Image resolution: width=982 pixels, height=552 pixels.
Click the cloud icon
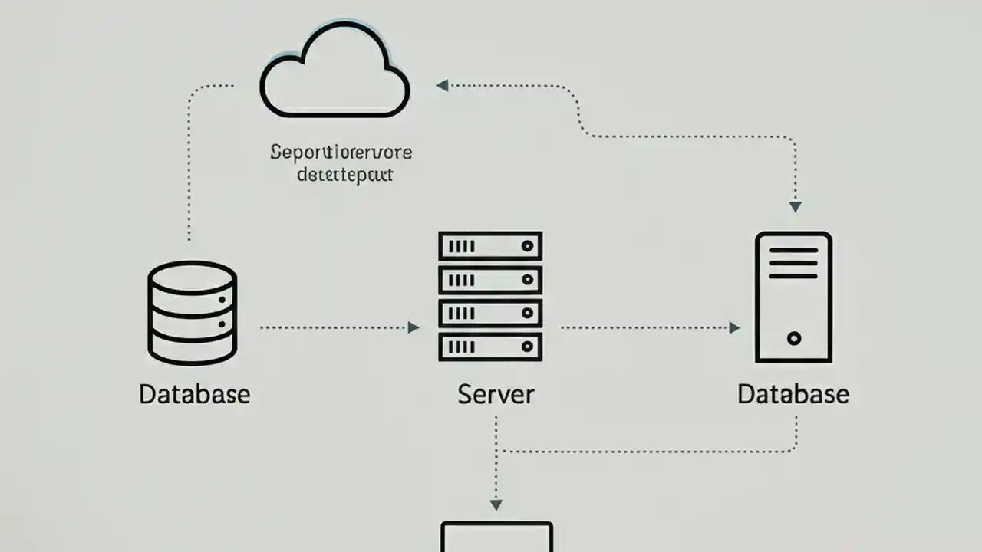[334, 72]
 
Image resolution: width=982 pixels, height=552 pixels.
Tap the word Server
[496, 394]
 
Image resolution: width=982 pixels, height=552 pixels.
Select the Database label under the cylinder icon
[194, 394]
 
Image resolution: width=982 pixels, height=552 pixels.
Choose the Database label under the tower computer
[793, 394]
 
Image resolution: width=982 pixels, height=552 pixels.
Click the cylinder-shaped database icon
[192, 313]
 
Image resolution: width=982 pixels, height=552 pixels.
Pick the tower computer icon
[793, 297]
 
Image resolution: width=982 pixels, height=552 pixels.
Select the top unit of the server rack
[490, 246]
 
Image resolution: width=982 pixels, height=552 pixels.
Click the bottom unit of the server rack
[490, 347]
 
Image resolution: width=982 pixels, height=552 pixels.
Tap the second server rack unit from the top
[490, 279]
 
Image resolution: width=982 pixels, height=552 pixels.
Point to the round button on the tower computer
[794, 338]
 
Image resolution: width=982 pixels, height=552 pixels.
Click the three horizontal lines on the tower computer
[793, 264]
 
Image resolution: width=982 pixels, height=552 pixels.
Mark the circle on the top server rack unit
[527, 246]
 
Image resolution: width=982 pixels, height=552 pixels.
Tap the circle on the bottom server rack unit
[527, 347]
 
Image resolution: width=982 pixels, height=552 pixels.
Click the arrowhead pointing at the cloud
[442, 85]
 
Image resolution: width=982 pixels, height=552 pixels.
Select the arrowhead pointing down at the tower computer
[795, 207]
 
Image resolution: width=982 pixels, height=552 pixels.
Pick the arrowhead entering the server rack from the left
[414, 327]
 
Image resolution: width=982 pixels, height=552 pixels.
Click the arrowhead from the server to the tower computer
[734, 327]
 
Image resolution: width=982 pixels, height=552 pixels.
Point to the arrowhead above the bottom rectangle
[496, 504]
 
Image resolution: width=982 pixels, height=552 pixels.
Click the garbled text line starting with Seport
[341, 152]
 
